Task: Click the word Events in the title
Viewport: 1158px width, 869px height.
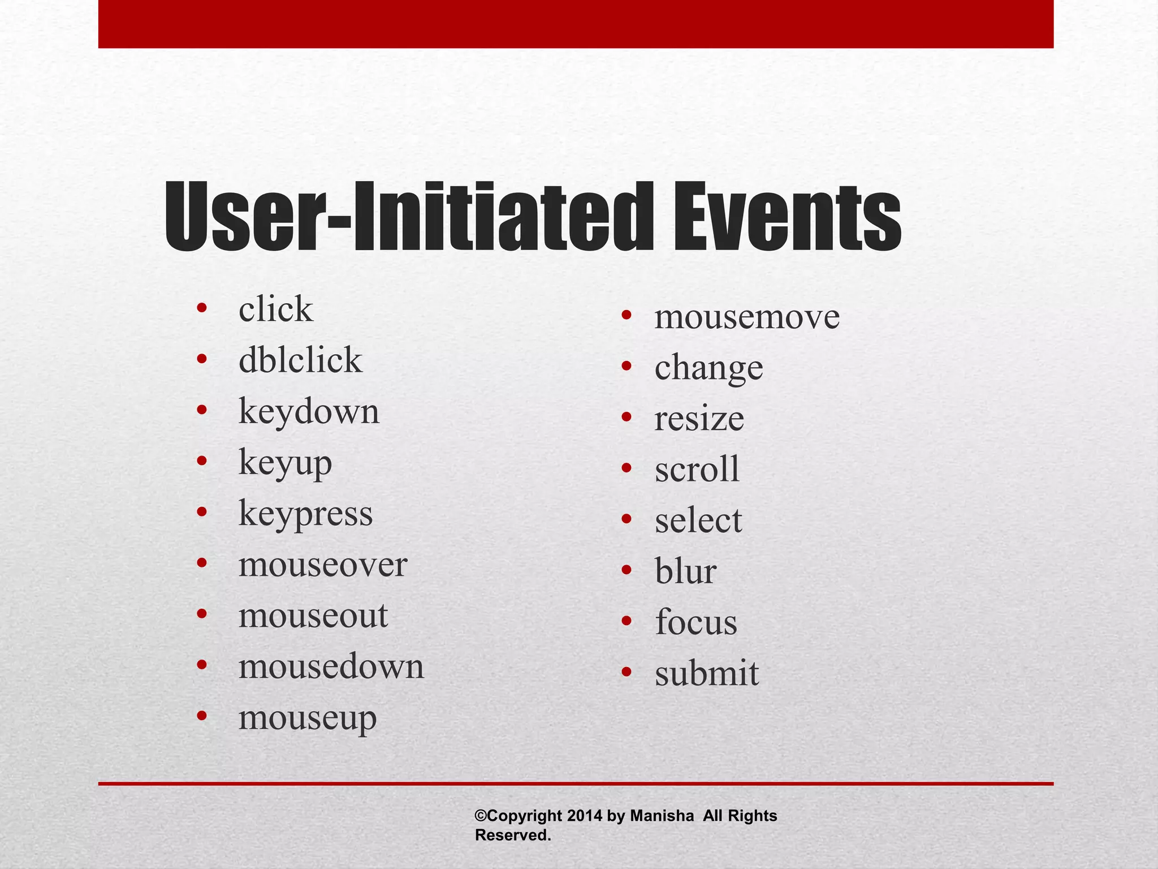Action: pos(787,218)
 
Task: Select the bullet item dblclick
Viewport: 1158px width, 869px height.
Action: pos(300,360)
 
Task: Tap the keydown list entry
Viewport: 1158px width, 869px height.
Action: pos(309,412)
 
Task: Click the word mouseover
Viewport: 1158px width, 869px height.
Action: pos(322,565)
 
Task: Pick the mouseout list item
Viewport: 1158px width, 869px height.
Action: pos(313,616)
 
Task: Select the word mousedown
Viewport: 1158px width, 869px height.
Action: pos(331,666)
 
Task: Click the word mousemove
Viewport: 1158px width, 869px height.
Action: pos(747,317)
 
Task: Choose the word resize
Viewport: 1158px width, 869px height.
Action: pos(699,419)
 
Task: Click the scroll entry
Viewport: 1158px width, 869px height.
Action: pos(697,470)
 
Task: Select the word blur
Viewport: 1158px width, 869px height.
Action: pos(685,571)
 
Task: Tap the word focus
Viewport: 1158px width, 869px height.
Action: pos(696,622)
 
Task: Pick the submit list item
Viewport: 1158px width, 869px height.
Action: pos(707,673)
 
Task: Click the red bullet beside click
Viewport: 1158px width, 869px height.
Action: pos(201,308)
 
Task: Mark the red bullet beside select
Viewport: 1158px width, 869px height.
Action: pos(626,519)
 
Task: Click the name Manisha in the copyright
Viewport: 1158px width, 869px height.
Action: pos(662,816)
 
